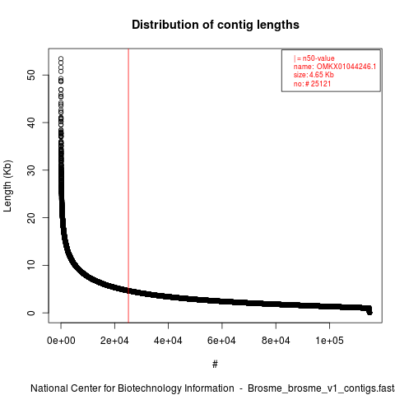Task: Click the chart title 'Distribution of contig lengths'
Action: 216,25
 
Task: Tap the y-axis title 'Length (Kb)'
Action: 8,186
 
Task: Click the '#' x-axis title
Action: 215,365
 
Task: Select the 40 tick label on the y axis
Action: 31,123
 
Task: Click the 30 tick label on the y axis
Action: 31,170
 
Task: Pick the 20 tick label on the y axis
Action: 31,218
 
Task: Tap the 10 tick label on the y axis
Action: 31,265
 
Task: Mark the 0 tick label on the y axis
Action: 31,313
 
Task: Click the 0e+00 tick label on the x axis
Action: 61,341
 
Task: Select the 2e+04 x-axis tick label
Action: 114,341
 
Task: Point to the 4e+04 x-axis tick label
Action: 168,341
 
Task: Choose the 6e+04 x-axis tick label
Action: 221,341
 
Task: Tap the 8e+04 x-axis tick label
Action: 276,341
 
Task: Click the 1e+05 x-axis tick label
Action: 329,341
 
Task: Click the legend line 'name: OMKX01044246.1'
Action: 335,67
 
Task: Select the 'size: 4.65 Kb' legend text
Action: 314,75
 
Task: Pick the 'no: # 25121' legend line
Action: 312,83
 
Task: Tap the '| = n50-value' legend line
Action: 314,58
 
